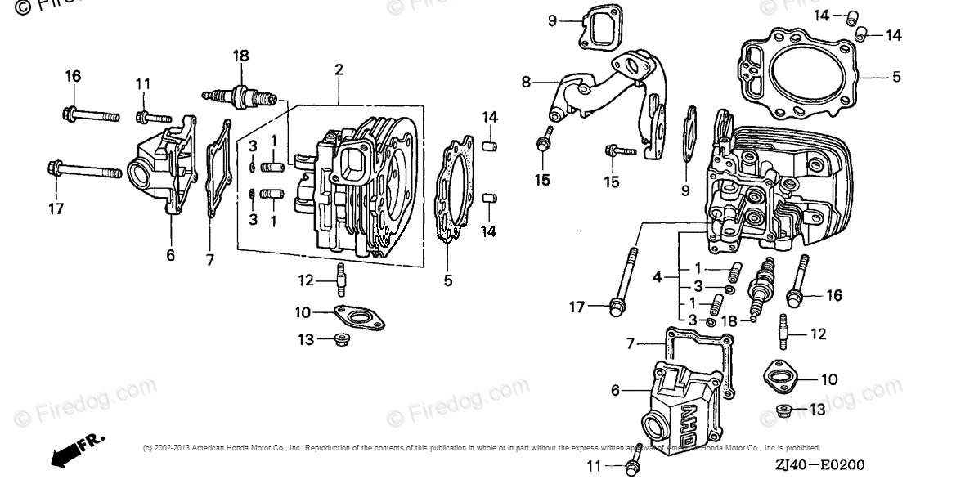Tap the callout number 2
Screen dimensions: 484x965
click(x=338, y=71)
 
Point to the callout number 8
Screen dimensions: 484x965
click(x=526, y=81)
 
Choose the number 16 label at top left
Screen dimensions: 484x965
click(x=73, y=76)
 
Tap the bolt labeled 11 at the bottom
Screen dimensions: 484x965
click(x=631, y=468)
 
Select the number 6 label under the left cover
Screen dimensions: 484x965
click(x=170, y=255)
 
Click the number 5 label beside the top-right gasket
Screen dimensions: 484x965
click(x=896, y=77)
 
